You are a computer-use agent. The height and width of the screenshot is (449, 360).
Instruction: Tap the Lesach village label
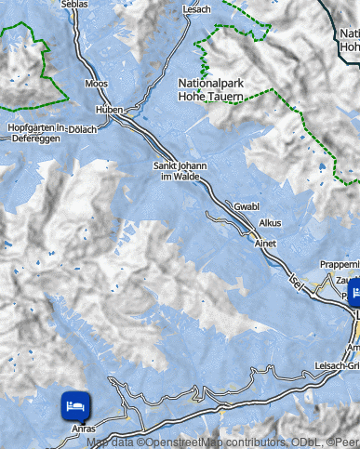197,9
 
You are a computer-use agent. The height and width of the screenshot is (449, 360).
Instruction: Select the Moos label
96,84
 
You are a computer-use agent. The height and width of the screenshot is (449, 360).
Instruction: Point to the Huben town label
110,109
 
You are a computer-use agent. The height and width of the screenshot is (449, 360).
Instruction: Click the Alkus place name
270,223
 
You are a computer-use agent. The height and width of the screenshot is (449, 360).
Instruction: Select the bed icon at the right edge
353,295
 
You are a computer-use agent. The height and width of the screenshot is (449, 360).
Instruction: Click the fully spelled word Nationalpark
210,83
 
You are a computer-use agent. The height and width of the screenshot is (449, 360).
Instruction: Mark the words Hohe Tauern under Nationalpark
210,96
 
